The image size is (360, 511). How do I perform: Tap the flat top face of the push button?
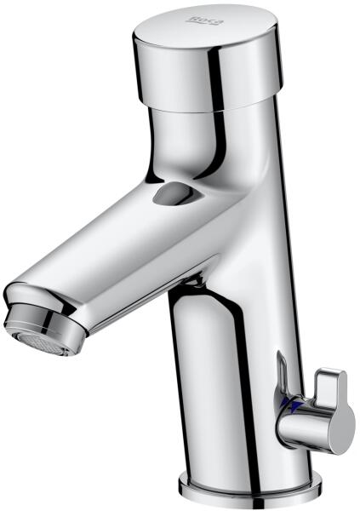[206, 26]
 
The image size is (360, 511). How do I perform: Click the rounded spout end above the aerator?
[36, 296]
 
